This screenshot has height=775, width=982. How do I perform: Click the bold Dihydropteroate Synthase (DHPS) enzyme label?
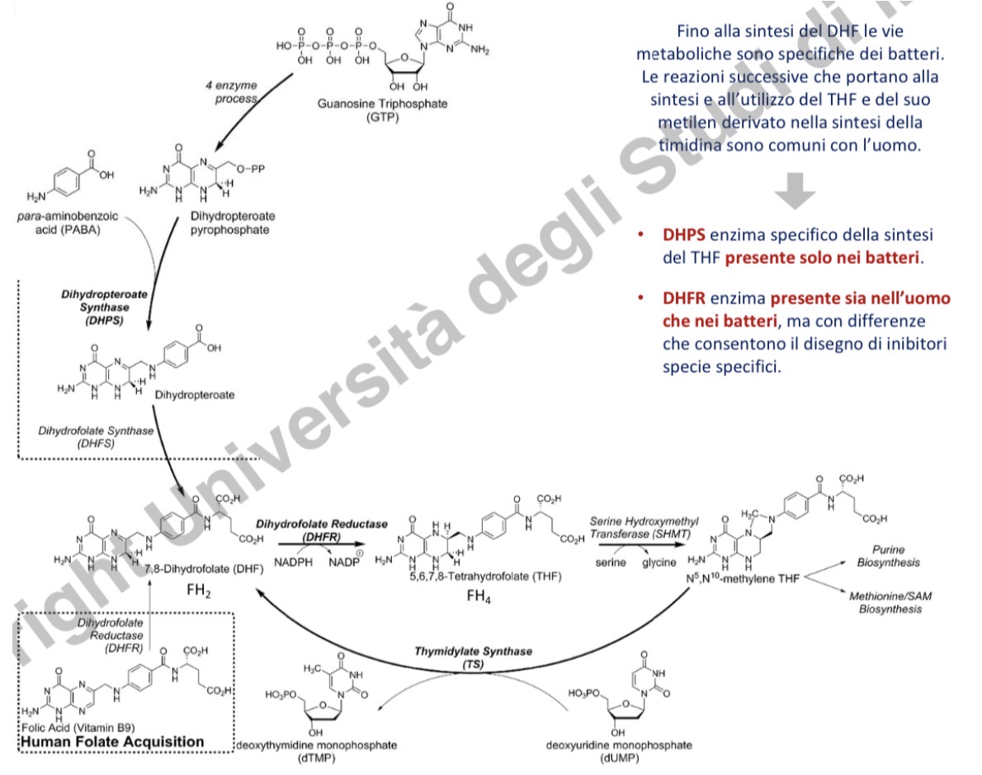(92, 306)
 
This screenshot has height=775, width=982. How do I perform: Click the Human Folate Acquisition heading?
(111, 741)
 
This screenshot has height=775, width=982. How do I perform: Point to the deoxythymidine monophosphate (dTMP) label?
(316, 751)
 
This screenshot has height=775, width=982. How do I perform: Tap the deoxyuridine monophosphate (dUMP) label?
(615, 751)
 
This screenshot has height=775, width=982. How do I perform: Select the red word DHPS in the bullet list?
(683, 235)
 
